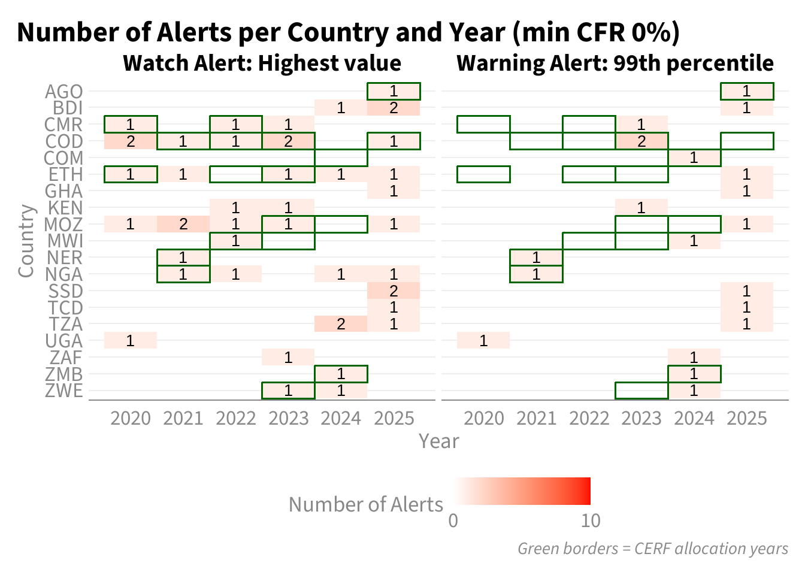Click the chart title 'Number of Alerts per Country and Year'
pos(261,33)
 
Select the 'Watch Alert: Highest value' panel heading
pos(262,63)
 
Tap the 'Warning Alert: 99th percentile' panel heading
pos(615,63)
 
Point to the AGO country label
pos(63,92)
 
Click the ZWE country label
pos(63,391)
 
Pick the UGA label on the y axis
pos(63,341)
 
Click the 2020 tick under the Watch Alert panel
pos(131,419)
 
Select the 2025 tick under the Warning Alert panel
pos(747,419)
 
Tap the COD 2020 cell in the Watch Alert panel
pos(131,141)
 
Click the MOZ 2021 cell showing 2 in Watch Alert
pos(183,224)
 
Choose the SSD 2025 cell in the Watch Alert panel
pos(394,290)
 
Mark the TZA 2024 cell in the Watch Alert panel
pos(341,324)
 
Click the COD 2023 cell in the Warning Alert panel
pos(641,141)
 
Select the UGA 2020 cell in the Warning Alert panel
pos(483,341)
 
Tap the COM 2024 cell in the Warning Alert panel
pos(694,158)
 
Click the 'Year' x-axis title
pos(439,441)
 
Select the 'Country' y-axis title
pos(26,241)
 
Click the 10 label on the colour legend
pos(591,520)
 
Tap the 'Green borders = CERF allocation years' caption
pos(653,549)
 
